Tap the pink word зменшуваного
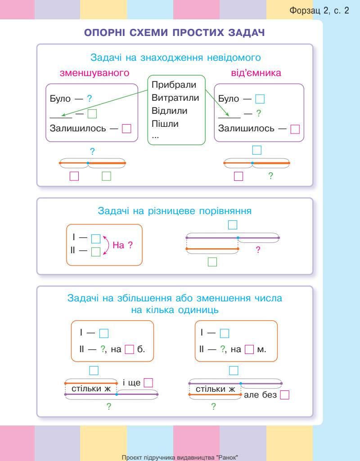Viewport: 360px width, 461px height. point(94,73)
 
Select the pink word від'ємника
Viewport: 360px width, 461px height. point(256,73)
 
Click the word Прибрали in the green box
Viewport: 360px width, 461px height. point(174,85)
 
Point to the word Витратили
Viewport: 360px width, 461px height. point(175,98)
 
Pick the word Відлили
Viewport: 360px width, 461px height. point(170,111)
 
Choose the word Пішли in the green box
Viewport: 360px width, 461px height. point(165,124)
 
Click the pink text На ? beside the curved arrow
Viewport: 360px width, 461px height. point(122,246)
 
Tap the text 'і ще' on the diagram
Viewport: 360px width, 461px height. point(132,383)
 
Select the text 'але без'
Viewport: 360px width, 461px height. point(260,395)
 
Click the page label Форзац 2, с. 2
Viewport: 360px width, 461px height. point(320,11)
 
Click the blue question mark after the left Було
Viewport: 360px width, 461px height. point(90,98)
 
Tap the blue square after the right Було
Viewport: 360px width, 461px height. point(260,98)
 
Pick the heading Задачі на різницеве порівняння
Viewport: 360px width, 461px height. point(175,211)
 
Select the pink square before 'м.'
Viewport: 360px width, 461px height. point(250,349)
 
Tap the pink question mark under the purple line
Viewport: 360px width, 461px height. point(258,250)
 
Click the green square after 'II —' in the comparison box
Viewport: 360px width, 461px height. point(96,252)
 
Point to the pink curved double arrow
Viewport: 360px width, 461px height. point(107,245)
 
